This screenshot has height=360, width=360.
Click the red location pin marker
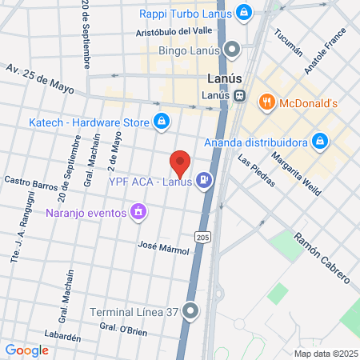click(x=180, y=164)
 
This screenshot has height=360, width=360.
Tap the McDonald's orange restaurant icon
click(x=266, y=102)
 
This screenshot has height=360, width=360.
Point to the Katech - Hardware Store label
click(x=89, y=122)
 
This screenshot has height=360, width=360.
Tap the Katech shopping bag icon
click(x=162, y=122)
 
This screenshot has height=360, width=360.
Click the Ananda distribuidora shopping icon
click(x=320, y=142)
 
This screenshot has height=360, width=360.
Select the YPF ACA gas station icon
click(x=206, y=181)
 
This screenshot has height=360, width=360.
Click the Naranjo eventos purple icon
click(x=139, y=212)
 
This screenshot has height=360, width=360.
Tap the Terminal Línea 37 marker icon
click(x=190, y=311)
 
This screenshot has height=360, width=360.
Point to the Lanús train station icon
click(x=240, y=96)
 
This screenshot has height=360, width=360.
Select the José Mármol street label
click(x=163, y=248)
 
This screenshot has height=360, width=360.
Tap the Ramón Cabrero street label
click(x=322, y=258)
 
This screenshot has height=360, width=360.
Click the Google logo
click(x=26, y=350)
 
